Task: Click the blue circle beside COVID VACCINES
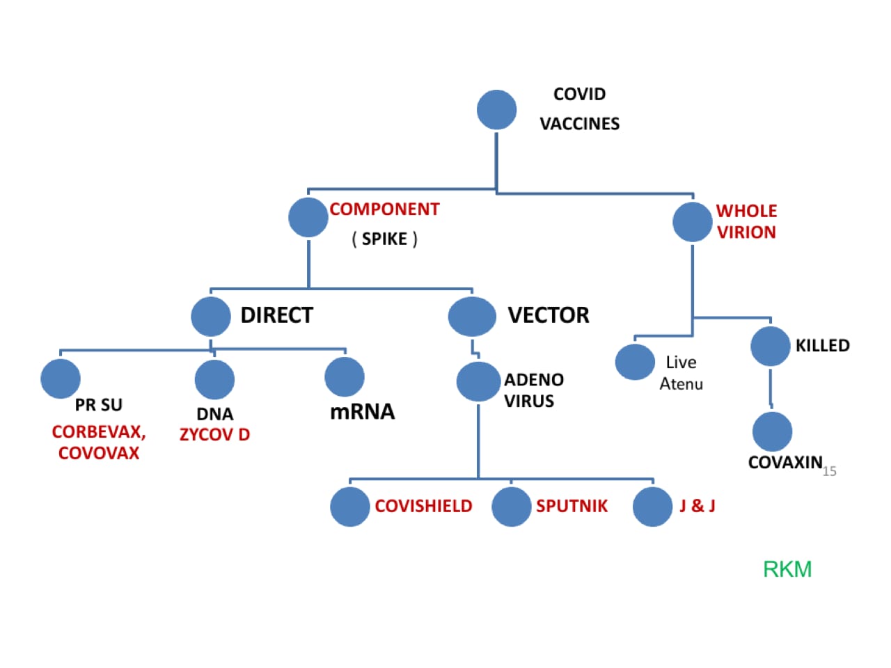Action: point(496,110)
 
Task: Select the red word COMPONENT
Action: point(384,209)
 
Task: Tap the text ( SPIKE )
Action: point(384,239)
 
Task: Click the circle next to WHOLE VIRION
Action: point(693,222)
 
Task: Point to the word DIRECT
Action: point(276,315)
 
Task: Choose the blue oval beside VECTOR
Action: point(472,316)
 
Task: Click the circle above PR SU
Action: point(61,379)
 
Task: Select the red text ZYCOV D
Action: point(214,435)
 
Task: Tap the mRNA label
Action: point(362,412)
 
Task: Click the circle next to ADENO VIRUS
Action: point(478,381)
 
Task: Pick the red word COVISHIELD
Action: point(423,506)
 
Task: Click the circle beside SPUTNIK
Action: point(512,507)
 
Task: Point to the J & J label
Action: point(697,506)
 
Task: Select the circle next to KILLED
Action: point(771,346)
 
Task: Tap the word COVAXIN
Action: point(785,463)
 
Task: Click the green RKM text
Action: point(787,569)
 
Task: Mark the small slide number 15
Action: point(829,472)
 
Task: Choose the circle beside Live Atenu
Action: point(635,362)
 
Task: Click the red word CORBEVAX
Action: point(97,432)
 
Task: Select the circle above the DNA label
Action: point(214,379)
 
